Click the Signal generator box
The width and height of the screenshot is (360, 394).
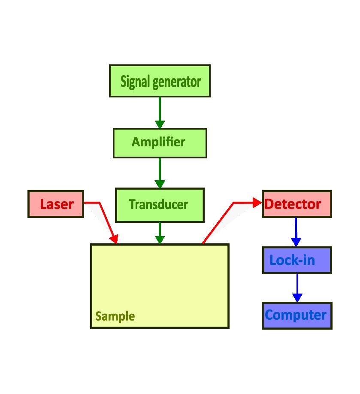[160, 81]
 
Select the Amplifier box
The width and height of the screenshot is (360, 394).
[160, 142]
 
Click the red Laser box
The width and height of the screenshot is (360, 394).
[56, 204]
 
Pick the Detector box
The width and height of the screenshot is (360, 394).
[296, 204]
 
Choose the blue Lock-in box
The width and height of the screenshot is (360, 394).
[296, 260]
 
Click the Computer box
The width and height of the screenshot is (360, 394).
[296, 315]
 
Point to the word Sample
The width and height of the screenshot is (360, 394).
[115, 317]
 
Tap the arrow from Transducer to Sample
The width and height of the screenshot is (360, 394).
[160, 232]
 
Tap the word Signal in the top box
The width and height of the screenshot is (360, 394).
[136, 81]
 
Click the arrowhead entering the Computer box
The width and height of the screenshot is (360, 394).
[297, 297]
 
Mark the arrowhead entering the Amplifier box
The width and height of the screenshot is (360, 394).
[160, 124]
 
